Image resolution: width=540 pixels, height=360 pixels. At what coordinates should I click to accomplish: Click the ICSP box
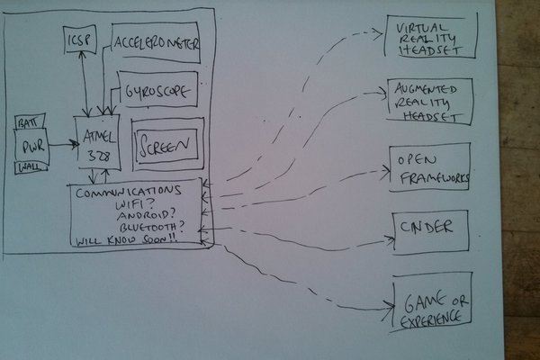[80, 40]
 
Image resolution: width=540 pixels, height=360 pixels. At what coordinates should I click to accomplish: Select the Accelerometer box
[155, 43]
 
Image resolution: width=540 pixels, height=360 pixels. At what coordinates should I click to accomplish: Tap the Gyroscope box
[157, 91]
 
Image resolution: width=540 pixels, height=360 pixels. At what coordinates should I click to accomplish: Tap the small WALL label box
[28, 167]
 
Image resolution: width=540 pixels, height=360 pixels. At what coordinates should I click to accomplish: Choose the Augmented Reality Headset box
[430, 101]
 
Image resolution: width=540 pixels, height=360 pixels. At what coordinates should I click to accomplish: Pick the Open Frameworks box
[430, 167]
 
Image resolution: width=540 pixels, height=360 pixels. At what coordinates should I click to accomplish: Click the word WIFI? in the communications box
[127, 205]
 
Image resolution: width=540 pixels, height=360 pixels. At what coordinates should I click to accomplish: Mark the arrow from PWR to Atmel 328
[61, 143]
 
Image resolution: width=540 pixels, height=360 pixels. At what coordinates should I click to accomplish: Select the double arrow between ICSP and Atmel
[83, 85]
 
